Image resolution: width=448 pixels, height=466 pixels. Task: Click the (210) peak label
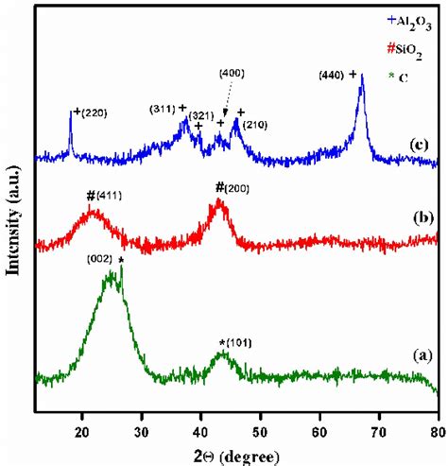click(x=257, y=124)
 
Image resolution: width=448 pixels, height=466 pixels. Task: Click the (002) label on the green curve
click(x=101, y=258)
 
